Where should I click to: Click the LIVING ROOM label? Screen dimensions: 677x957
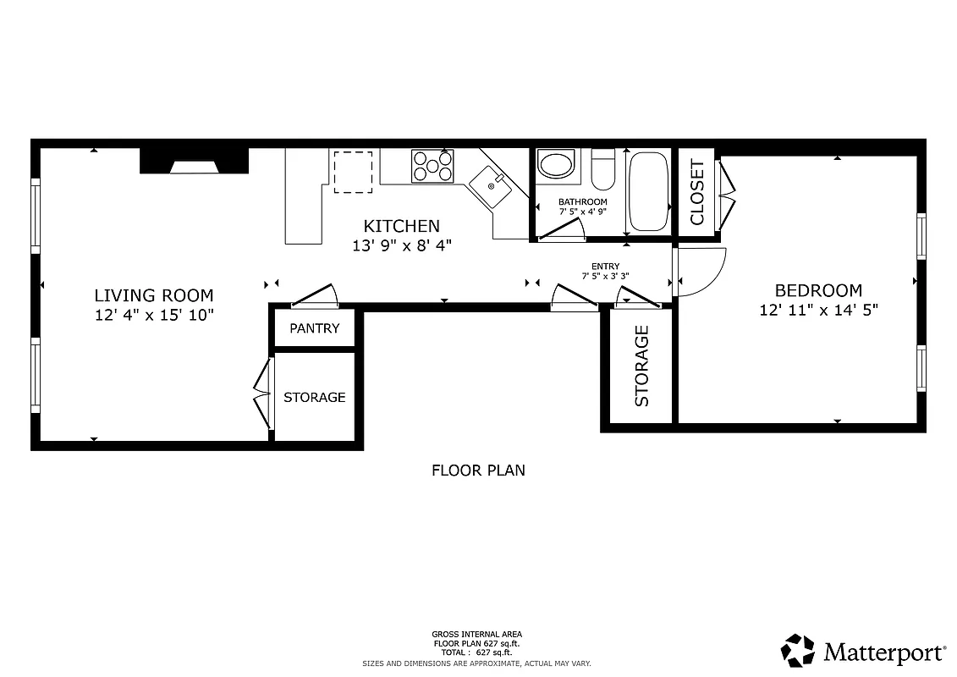pyautogui.click(x=153, y=295)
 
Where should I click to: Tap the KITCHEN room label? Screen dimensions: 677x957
pyautogui.click(x=401, y=226)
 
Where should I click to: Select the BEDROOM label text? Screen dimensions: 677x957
pyautogui.click(x=818, y=291)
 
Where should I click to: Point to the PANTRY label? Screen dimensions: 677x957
pyautogui.click(x=314, y=328)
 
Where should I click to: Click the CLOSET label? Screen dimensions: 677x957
pyautogui.click(x=697, y=192)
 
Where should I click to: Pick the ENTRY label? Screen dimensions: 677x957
pyautogui.click(x=605, y=266)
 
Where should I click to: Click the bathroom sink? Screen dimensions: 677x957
pyautogui.click(x=556, y=163)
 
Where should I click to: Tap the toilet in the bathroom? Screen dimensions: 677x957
pyautogui.click(x=602, y=169)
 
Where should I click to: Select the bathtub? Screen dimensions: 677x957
pyautogui.click(x=649, y=191)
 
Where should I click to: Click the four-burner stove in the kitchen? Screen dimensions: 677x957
pyautogui.click(x=432, y=166)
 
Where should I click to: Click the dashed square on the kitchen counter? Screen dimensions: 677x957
pyautogui.click(x=352, y=172)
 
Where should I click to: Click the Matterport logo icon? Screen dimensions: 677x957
pyautogui.click(x=797, y=651)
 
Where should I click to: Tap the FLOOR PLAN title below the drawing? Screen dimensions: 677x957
pyautogui.click(x=478, y=470)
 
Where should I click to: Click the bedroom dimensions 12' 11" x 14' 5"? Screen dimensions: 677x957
pyautogui.click(x=818, y=311)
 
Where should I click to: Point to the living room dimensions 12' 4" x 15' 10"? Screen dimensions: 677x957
pyautogui.click(x=153, y=315)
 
